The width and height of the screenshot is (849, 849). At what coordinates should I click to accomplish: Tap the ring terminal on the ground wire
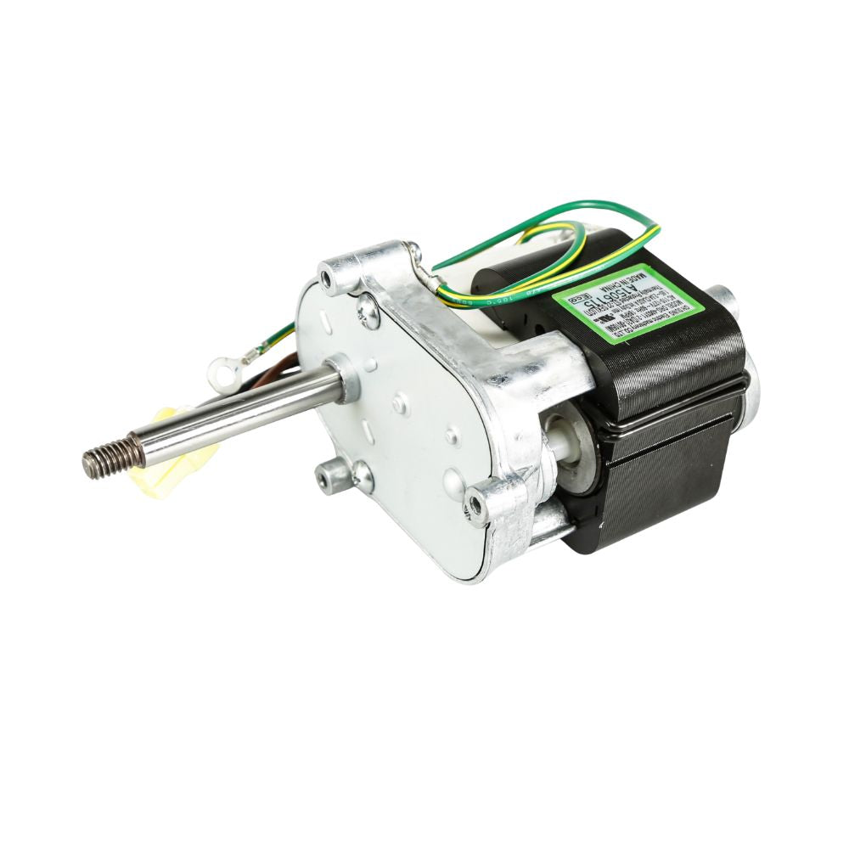click(x=223, y=368)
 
